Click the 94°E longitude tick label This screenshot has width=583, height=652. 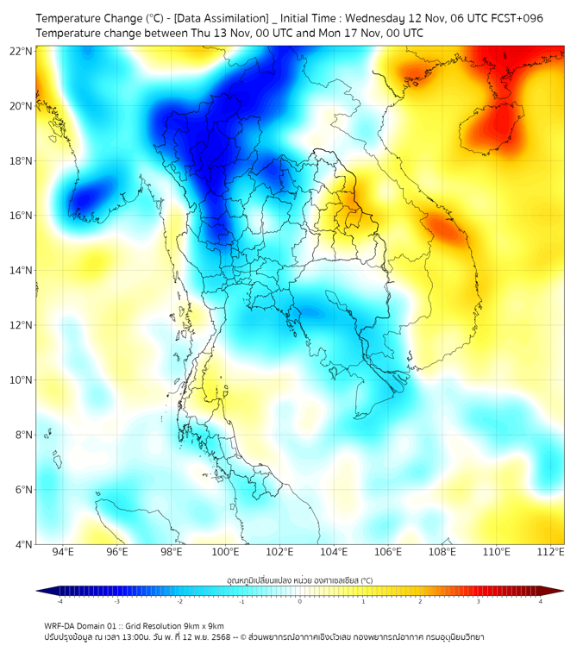(x=63, y=552)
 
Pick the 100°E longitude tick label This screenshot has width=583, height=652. (x=225, y=552)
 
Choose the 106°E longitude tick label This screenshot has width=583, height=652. (x=388, y=552)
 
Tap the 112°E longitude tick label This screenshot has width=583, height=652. (x=551, y=552)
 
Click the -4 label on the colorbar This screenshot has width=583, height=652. (x=59, y=601)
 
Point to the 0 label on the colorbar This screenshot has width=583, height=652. (x=300, y=601)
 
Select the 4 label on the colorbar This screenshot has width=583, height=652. (x=541, y=601)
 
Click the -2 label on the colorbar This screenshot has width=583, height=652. (x=179, y=601)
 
